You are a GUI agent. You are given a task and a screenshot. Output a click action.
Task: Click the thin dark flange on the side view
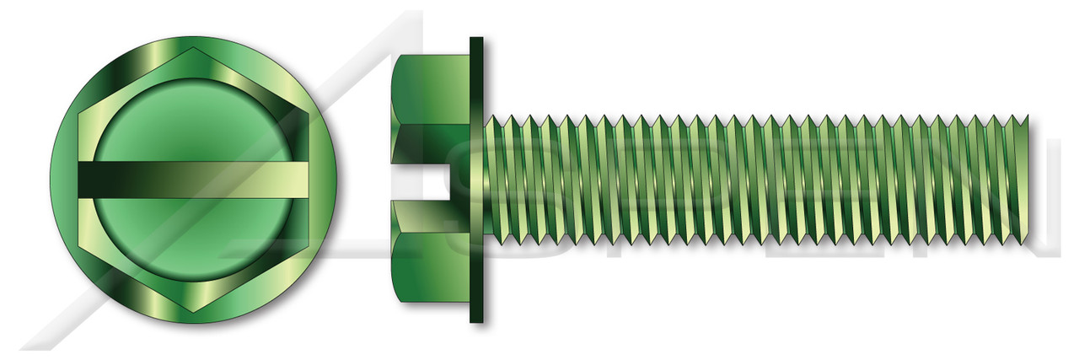[x=477, y=180]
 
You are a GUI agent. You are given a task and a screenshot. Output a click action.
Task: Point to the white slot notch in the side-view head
[x=430, y=180]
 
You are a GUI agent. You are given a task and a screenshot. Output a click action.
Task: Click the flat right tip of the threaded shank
[x=1028, y=180]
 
